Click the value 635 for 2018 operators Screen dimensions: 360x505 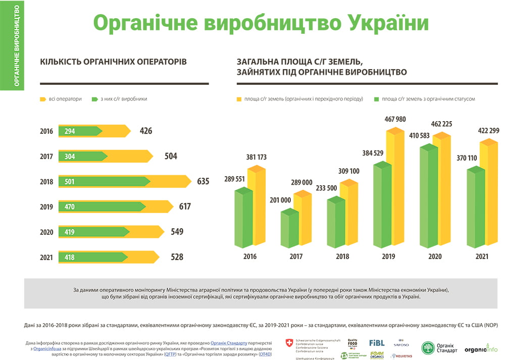coord(203,181)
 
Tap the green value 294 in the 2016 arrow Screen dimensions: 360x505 coord(70,131)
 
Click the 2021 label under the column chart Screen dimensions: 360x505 coord(482,256)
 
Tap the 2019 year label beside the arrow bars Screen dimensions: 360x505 coord(46,207)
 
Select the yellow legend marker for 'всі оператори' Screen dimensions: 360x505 coord(43,99)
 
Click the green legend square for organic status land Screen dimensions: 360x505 coord(376,99)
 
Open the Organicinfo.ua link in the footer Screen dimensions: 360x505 coord(47,349)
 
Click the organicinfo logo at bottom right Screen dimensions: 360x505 coord(481,348)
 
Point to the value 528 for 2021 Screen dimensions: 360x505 coord(177,257)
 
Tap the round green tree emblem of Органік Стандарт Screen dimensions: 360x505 coord(428,348)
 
